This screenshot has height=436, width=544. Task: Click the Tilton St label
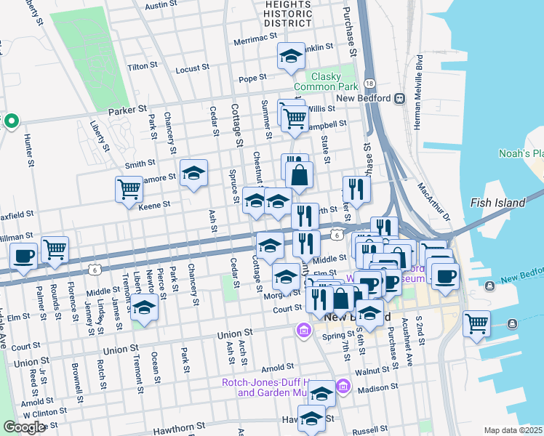click(143, 65)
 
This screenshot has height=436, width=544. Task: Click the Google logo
click(24, 427)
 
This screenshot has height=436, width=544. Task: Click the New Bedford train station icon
click(399, 98)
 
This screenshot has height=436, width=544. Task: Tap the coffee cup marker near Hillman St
click(24, 256)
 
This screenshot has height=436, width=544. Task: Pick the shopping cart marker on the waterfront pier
click(476, 323)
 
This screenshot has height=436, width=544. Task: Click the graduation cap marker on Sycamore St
click(193, 173)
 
